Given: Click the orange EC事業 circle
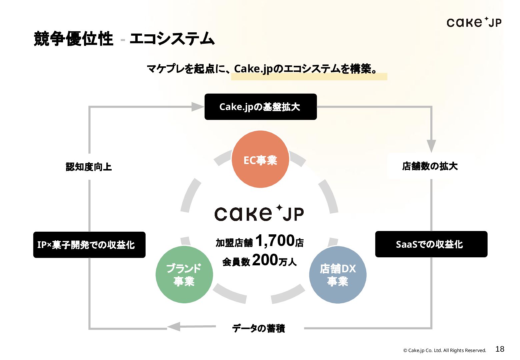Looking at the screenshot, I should [x=260, y=159].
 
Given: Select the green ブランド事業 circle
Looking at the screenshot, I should [x=184, y=275].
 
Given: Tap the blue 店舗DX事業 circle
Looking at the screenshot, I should [x=338, y=275].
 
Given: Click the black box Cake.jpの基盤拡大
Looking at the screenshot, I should [x=260, y=107].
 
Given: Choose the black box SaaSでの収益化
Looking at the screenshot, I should [x=431, y=244].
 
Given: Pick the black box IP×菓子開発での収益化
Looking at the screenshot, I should [x=89, y=245].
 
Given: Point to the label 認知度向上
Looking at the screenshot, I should [x=89, y=167].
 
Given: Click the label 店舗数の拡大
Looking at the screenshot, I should [x=430, y=166].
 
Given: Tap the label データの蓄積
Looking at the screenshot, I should [x=259, y=328].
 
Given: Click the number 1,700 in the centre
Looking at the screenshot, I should [x=275, y=241].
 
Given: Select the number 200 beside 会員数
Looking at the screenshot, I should [x=265, y=260].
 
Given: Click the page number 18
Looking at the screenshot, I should [x=500, y=349].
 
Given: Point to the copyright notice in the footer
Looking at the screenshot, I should [x=445, y=350].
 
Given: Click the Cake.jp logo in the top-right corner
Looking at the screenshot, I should [x=474, y=22].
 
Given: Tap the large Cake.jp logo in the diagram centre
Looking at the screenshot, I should [x=259, y=213].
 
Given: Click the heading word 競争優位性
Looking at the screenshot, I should [x=74, y=39].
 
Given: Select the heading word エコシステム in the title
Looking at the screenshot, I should [x=172, y=39].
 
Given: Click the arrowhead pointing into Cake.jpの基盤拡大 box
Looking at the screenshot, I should [x=198, y=107].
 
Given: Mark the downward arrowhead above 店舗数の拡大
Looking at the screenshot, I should [x=431, y=146].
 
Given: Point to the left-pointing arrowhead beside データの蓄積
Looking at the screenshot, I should [x=174, y=326].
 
